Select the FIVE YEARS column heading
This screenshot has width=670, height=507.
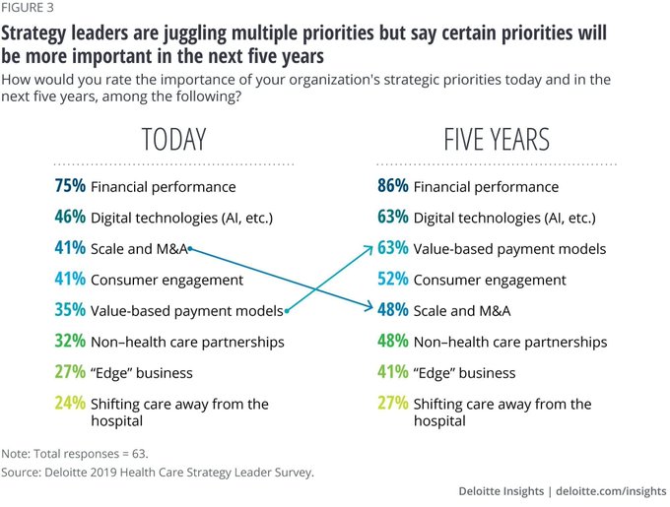497,139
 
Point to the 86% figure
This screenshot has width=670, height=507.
393,186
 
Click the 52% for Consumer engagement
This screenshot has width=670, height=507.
393,280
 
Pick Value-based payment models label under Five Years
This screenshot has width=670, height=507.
509,249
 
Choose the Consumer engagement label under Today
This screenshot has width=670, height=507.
167,280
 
